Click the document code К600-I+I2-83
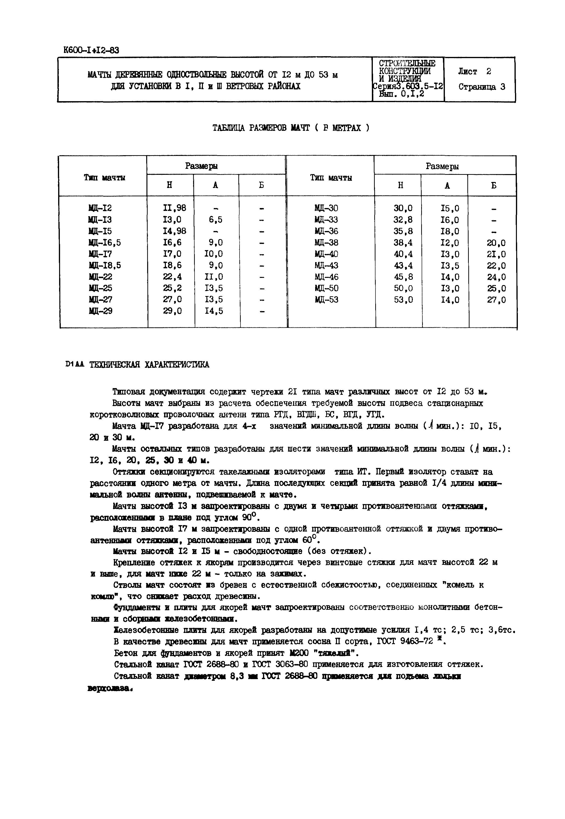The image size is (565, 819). tap(91, 50)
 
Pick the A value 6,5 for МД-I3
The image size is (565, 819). tap(215, 220)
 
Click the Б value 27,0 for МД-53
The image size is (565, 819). tap(496, 300)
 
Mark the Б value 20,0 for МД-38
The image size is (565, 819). tap(496, 243)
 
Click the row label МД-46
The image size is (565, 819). tap(326, 277)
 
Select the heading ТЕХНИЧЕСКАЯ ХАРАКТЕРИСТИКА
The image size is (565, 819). tap(149, 365)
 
